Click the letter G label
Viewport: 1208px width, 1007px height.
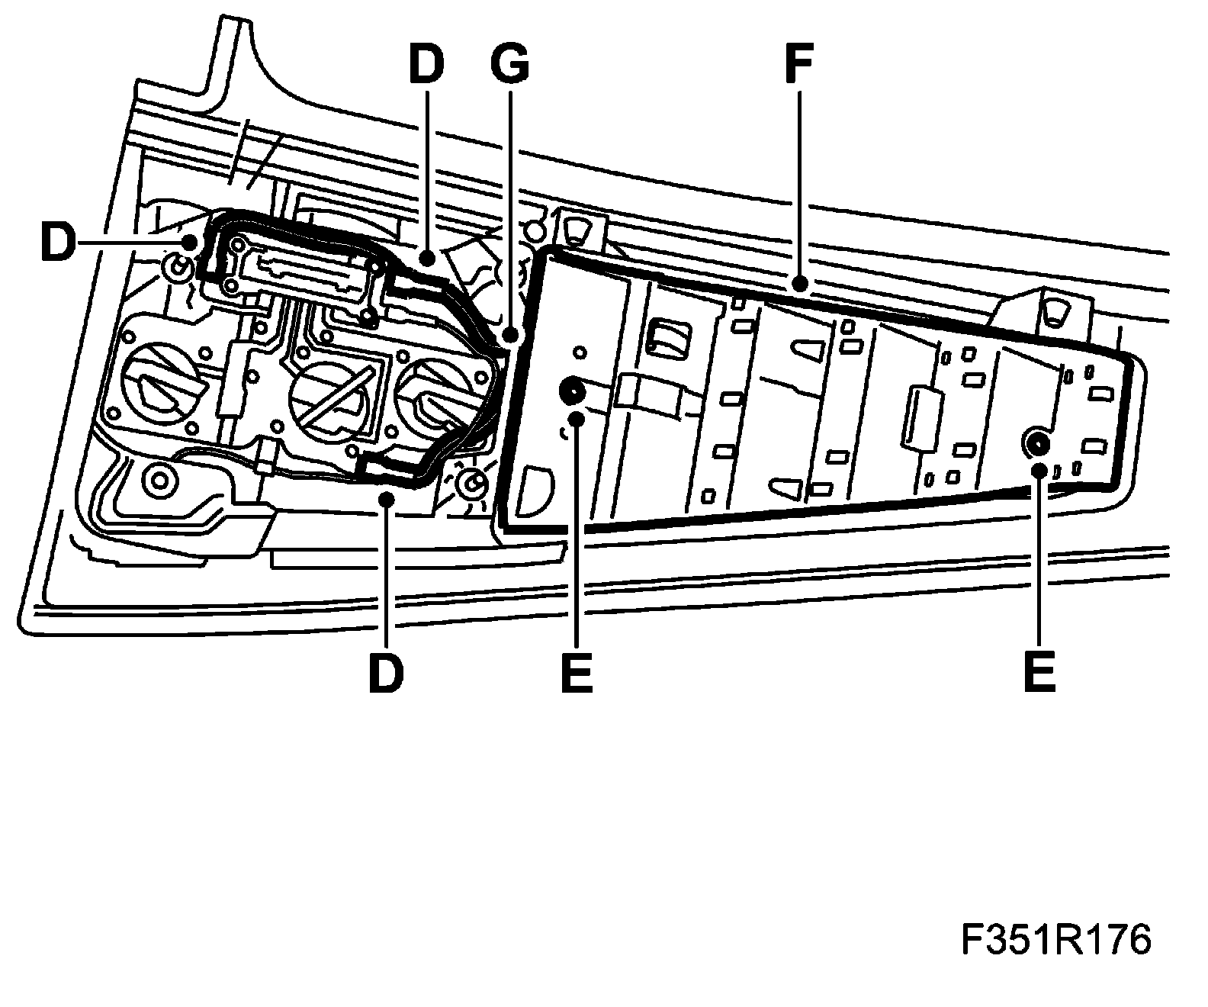[x=509, y=63]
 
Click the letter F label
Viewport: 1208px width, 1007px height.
[x=798, y=63]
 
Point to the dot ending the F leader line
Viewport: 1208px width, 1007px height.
[x=798, y=286]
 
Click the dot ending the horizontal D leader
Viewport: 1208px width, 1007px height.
[x=188, y=243]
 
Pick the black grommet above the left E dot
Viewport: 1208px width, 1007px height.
[x=570, y=392]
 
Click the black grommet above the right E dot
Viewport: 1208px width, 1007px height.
[x=1037, y=440]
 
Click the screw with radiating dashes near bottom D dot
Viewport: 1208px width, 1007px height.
[x=471, y=484]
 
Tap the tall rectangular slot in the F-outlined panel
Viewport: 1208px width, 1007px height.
[x=919, y=416]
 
